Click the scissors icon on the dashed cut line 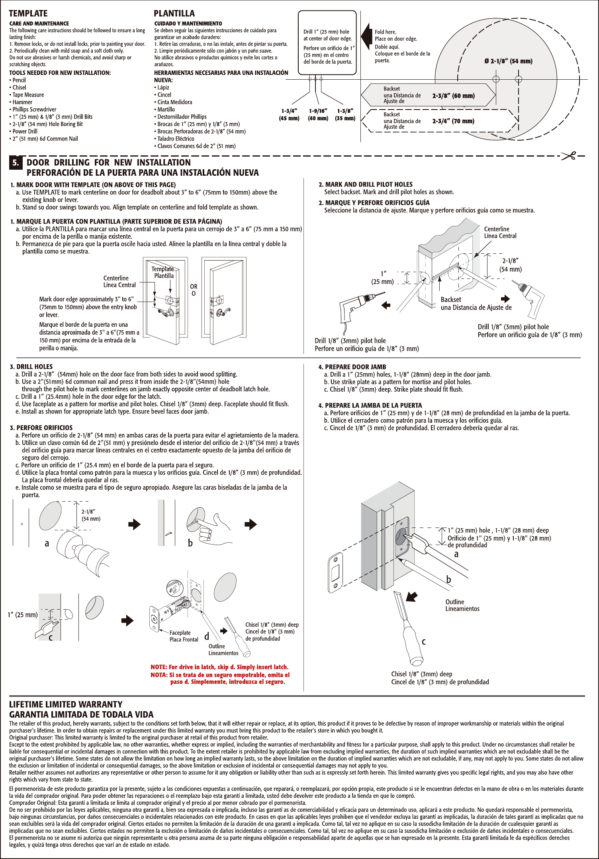[569, 156]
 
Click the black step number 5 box [15, 163]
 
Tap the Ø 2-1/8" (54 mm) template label [508, 61]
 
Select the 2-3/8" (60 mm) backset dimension [453, 96]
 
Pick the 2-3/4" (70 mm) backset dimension [453, 121]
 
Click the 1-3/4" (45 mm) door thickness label [289, 115]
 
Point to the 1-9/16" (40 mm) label [318, 115]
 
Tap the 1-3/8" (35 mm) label [345, 115]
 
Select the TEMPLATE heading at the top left [28, 14]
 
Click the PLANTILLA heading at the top [174, 14]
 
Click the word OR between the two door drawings [194, 286]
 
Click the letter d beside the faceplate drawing [207, 636]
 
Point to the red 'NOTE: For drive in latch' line [219, 667]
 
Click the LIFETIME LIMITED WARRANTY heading [66, 704]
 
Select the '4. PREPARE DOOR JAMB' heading [352, 367]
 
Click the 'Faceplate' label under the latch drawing [180, 633]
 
